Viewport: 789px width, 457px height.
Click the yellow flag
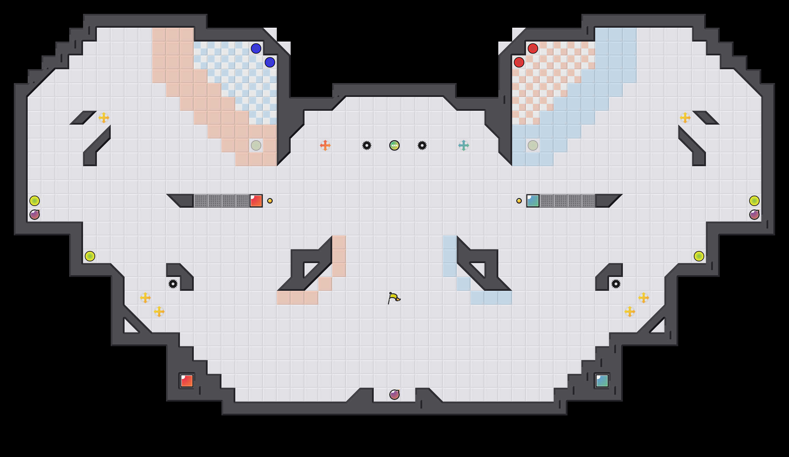click(394, 298)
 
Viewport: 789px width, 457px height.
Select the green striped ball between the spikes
click(394, 145)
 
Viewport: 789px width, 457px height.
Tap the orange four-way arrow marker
click(325, 145)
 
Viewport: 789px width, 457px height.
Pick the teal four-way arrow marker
click(464, 145)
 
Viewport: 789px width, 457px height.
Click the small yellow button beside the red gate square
click(270, 201)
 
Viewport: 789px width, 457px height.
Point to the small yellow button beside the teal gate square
click(519, 201)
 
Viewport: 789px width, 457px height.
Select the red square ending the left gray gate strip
click(256, 201)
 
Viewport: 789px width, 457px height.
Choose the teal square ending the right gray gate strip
click(533, 201)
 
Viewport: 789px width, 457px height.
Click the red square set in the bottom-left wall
click(187, 381)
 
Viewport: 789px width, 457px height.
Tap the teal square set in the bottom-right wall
click(602, 381)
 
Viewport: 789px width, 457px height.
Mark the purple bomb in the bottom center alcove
click(394, 395)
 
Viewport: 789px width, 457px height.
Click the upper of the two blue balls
click(256, 48)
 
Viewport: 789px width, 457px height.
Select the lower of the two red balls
click(519, 62)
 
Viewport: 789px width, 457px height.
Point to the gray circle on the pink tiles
click(256, 145)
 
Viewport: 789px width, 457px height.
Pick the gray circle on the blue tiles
click(533, 145)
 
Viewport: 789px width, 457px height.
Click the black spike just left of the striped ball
click(367, 145)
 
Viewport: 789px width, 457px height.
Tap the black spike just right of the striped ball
click(422, 145)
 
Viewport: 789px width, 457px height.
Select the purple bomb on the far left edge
click(35, 215)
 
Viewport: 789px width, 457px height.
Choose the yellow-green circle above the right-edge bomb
click(754, 201)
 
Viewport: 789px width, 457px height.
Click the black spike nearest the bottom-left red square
click(173, 284)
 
